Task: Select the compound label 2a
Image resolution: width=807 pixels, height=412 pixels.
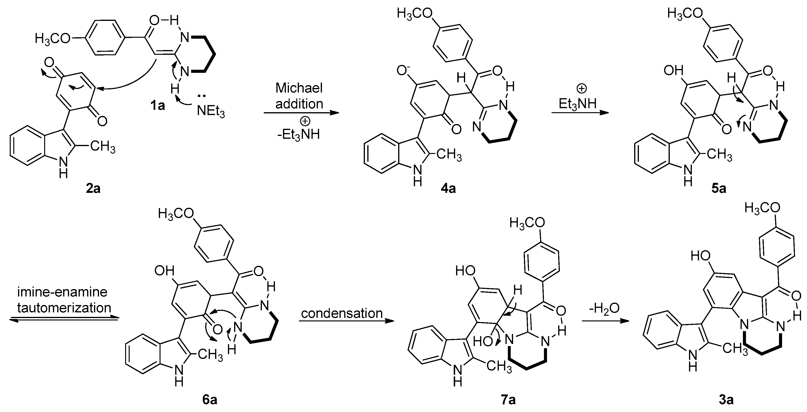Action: coord(93,189)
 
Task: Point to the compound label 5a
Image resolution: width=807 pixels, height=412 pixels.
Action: coord(718,189)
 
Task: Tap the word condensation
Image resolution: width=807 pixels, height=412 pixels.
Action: coord(342,313)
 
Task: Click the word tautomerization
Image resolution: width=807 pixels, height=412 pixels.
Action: coord(64,307)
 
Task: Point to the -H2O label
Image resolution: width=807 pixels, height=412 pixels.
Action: coord(604,308)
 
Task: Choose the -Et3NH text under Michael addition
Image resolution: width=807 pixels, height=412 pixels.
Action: coord(298,135)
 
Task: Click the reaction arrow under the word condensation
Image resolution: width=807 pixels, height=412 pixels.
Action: coord(346,322)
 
